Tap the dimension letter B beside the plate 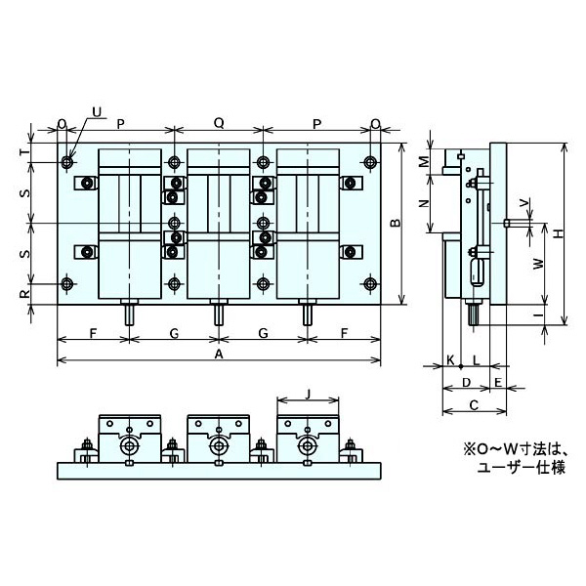click(x=395, y=224)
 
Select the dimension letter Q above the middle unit click(x=219, y=124)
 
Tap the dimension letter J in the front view click(x=308, y=395)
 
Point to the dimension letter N click(x=423, y=203)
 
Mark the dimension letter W click(x=537, y=265)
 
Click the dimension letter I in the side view click(x=537, y=315)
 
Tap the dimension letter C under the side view click(x=473, y=403)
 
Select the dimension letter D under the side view click(x=466, y=381)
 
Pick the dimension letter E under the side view click(x=497, y=381)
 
